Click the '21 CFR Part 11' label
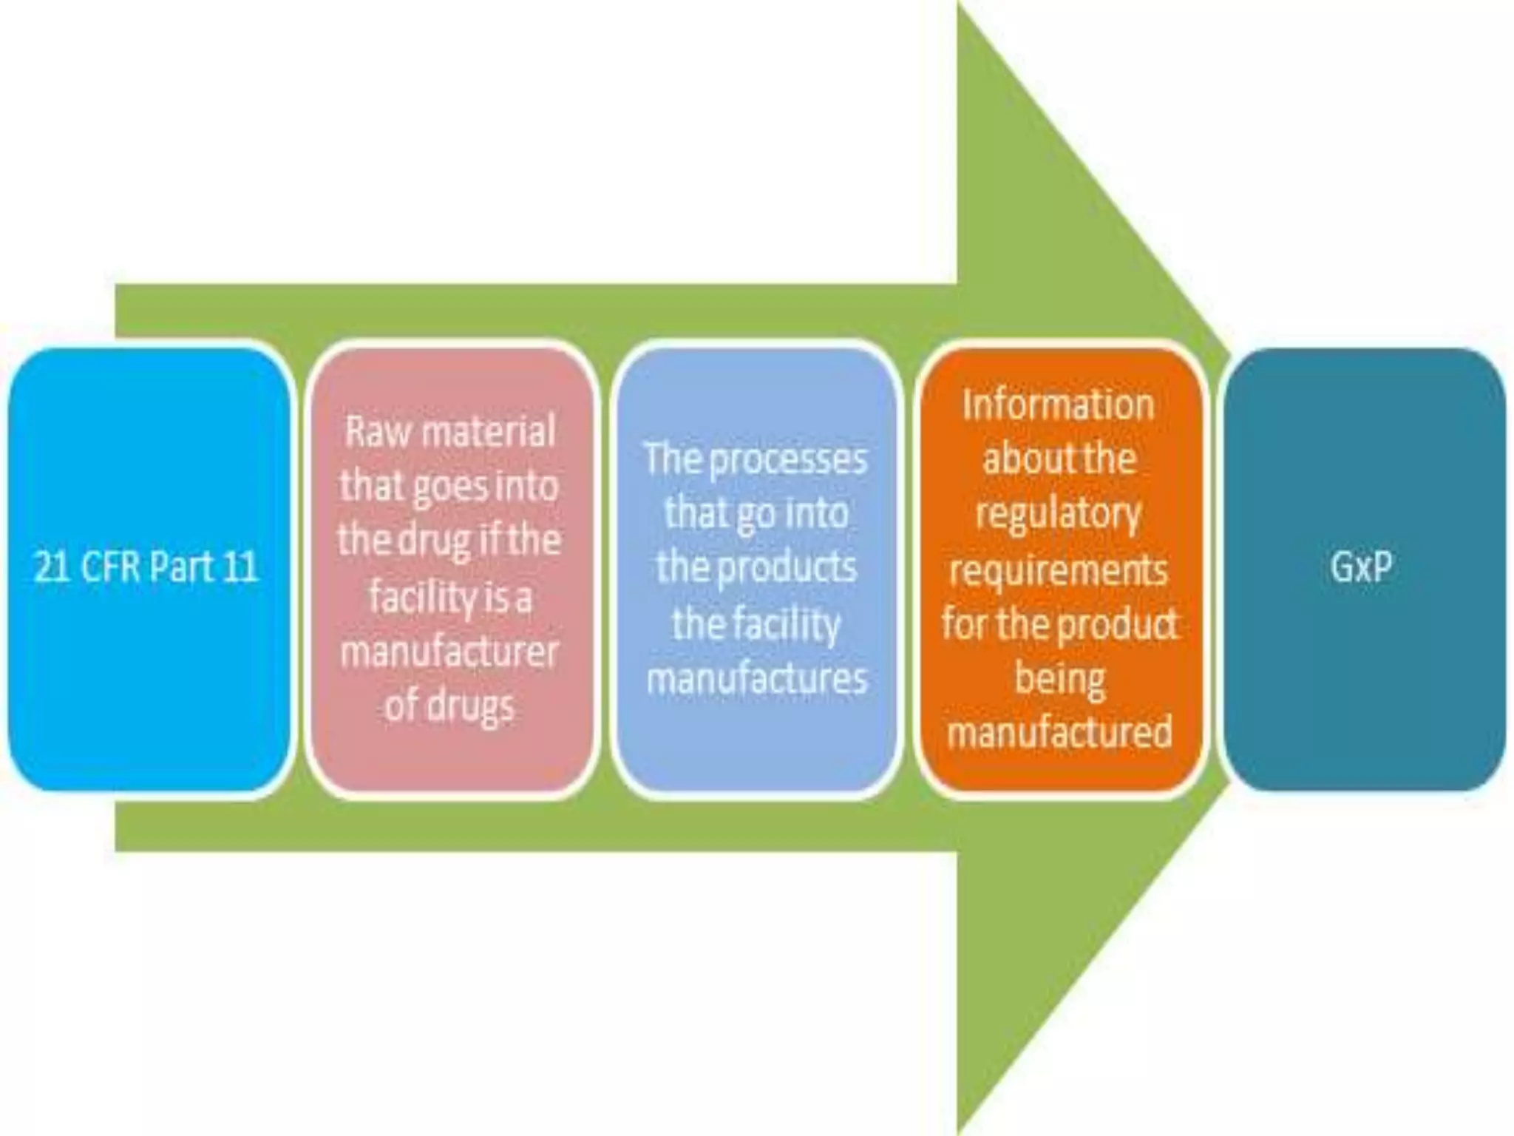coord(146,567)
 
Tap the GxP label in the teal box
coord(1362,567)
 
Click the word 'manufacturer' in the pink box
coord(449,652)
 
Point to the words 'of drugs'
coord(449,706)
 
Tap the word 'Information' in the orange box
coord(1058,405)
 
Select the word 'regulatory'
coord(1058,515)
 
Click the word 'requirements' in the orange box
coord(1058,569)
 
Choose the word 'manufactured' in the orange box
coord(1059,732)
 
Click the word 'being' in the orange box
coord(1059,679)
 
